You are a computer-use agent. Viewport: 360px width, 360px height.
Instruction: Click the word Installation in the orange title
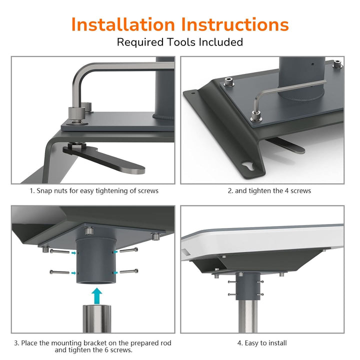(123, 24)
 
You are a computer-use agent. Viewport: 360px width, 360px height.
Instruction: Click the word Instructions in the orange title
(234, 24)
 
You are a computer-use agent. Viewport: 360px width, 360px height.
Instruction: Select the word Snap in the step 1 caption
(44, 191)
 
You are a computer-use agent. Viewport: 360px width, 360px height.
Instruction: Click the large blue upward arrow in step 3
(96, 295)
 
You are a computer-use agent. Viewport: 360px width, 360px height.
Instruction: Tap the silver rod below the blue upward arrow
(96, 318)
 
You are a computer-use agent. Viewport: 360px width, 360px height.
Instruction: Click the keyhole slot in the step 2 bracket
(247, 166)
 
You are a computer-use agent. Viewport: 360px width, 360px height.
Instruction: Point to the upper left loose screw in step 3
(59, 251)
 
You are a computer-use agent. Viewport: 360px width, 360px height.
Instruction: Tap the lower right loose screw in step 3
(129, 271)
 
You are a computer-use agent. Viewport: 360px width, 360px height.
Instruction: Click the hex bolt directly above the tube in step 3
(89, 230)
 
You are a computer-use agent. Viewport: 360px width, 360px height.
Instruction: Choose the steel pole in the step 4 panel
(248, 316)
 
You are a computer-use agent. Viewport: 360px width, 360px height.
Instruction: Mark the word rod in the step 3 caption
(165, 343)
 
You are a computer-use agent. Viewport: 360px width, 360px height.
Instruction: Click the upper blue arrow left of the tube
(73, 253)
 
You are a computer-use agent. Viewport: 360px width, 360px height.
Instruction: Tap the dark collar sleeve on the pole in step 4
(248, 286)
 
